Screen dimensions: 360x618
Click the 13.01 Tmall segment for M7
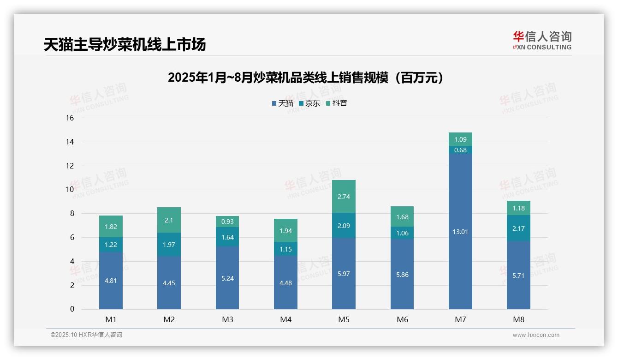coord(460,232)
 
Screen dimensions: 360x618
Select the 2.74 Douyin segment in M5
coord(344,197)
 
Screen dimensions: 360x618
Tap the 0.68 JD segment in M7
coord(460,150)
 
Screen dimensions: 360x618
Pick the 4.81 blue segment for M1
coord(111,281)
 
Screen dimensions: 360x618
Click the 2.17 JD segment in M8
coord(518,228)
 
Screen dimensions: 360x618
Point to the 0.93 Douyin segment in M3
coord(227,222)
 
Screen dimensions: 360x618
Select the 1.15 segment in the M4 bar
coord(285,249)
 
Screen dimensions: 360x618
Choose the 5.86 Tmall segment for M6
coord(402,275)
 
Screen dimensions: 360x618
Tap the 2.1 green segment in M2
coord(169,220)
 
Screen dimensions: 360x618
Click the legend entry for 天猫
coord(282,103)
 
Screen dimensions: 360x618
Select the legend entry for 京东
coord(309,103)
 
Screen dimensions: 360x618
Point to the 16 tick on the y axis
coord(70,118)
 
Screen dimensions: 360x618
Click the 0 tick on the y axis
coord(72,309)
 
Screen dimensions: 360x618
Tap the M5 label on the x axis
coord(344,319)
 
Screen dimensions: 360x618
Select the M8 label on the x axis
coord(518,319)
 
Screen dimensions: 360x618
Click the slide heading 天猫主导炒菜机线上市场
coord(125,45)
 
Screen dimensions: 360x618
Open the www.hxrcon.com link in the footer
coord(536,335)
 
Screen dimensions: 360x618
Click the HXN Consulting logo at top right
coord(542,40)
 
